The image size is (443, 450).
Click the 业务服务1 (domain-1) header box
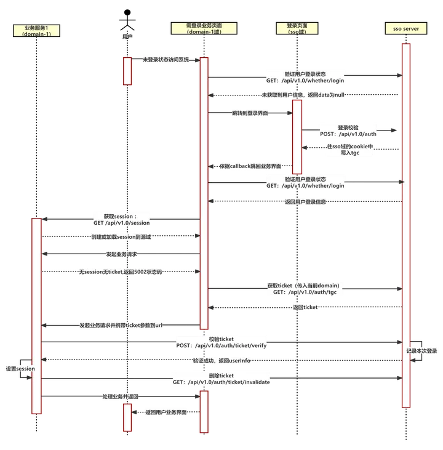pyautogui.click(x=36, y=31)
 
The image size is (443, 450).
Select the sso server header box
pyautogui.click(x=405, y=28)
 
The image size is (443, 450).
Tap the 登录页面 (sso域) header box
pyautogui.click(x=297, y=28)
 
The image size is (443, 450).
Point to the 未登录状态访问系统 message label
pyautogui.click(x=166, y=60)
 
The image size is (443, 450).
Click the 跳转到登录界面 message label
pyautogui.click(x=249, y=113)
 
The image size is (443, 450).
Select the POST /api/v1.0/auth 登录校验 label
pyautogui.click(x=348, y=130)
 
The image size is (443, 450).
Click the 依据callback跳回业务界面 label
pyautogui.click(x=250, y=166)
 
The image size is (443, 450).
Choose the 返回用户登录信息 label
pyautogui.click(x=305, y=201)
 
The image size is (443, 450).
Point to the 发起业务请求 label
pyautogui.click(x=121, y=254)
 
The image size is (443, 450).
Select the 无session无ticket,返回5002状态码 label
pyautogui.click(x=120, y=271)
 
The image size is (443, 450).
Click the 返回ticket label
pyautogui.click(x=305, y=307)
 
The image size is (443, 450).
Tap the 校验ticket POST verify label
pyautogui.click(x=221, y=342)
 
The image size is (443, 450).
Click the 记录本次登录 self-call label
pyautogui.click(x=421, y=350)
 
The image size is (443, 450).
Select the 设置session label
pyautogui.click(x=20, y=368)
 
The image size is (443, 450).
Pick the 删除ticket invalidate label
pyautogui.click(x=221, y=379)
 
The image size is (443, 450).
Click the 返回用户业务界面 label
pyautogui.click(x=166, y=412)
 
